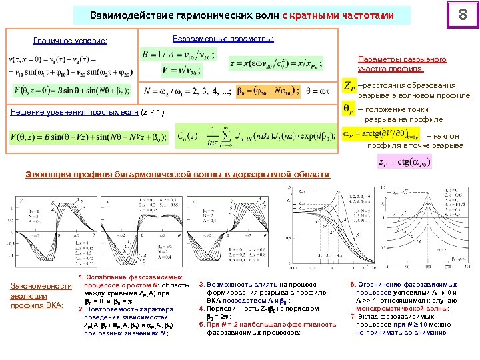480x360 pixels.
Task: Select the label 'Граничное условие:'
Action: [70, 41]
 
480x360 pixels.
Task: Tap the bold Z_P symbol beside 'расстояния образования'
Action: [348, 86]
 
